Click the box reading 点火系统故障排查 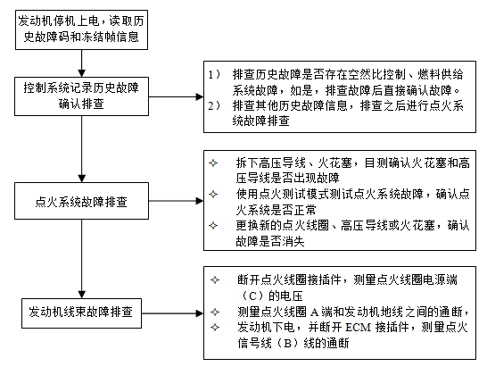coord(81,201)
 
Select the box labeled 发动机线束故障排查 coord(81,313)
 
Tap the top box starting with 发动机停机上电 coord(81,29)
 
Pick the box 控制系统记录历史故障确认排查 coord(81,96)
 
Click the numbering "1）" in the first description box coord(214,75)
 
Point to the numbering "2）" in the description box coord(214,105)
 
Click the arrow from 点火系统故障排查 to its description coord(176,201)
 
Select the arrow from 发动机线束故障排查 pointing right coord(173,313)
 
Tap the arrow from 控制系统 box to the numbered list coord(176,96)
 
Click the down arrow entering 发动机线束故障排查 coord(82,259)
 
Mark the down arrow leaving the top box coord(82,63)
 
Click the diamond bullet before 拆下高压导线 coord(213,162)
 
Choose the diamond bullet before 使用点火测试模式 coord(213,195)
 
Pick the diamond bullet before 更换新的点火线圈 coord(213,225)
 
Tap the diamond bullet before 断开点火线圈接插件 coord(215,279)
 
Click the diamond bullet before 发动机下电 coord(215,327)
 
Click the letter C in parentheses coord(253,296)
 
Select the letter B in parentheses coord(287,343)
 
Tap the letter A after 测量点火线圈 coord(314,312)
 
